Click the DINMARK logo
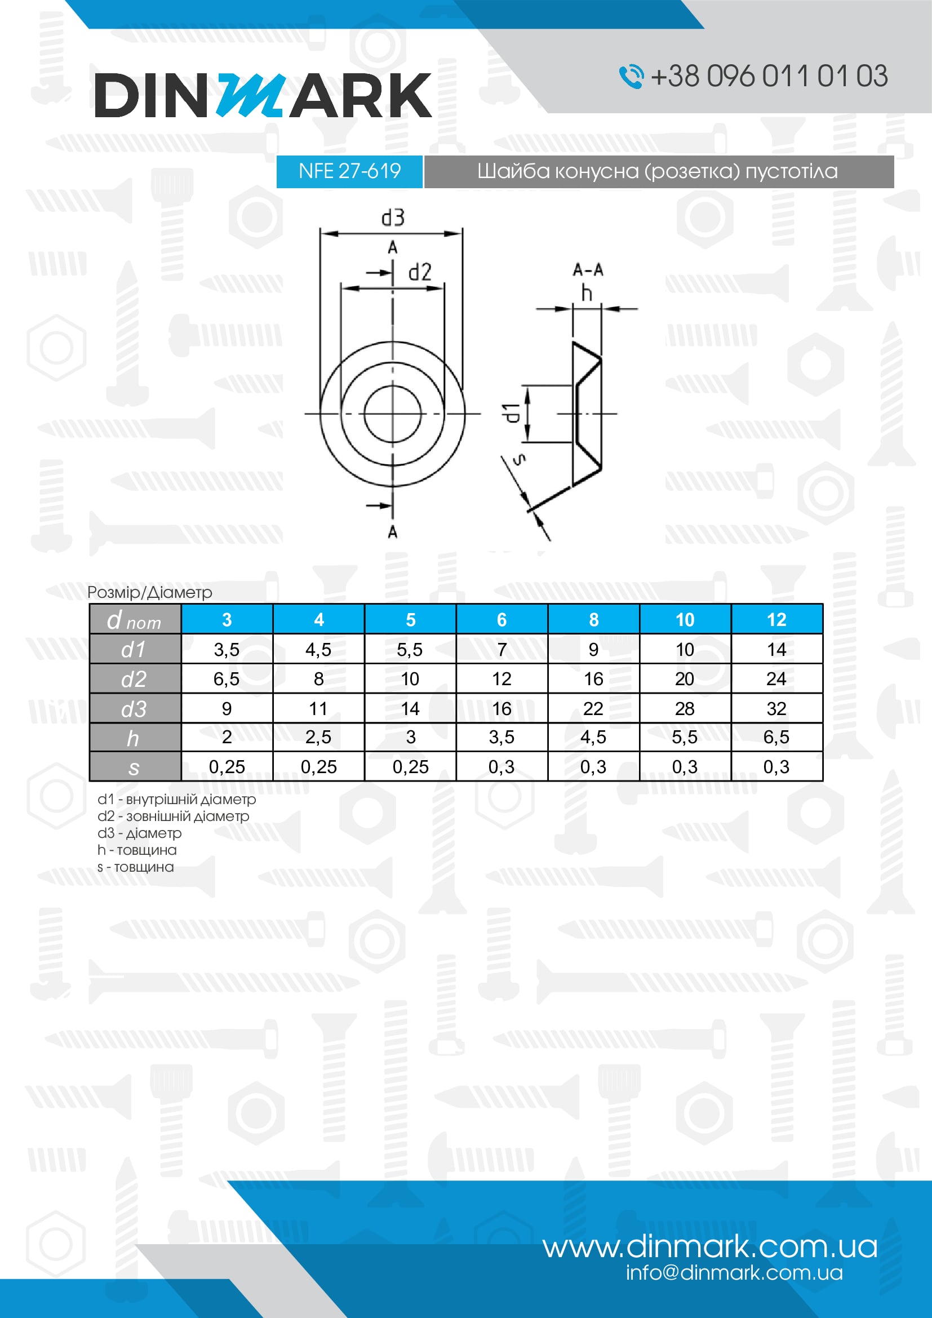(263, 95)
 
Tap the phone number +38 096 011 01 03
(769, 76)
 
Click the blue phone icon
(631, 76)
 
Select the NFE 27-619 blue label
(349, 171)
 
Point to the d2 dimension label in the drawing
(420, 272)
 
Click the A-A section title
(588, 269)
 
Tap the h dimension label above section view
(586, 294)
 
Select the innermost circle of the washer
(393, 413)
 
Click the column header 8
(593, 619)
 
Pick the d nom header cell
(135, 620)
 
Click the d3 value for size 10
(685, 708)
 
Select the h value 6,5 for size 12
(776, 737)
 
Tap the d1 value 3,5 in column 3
(227, 650)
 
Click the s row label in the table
(134, 767)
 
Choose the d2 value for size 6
(501, 679)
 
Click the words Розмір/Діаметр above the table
(150, 592)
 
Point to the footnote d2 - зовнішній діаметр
(174, 816)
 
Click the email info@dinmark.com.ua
(734, 1273)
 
